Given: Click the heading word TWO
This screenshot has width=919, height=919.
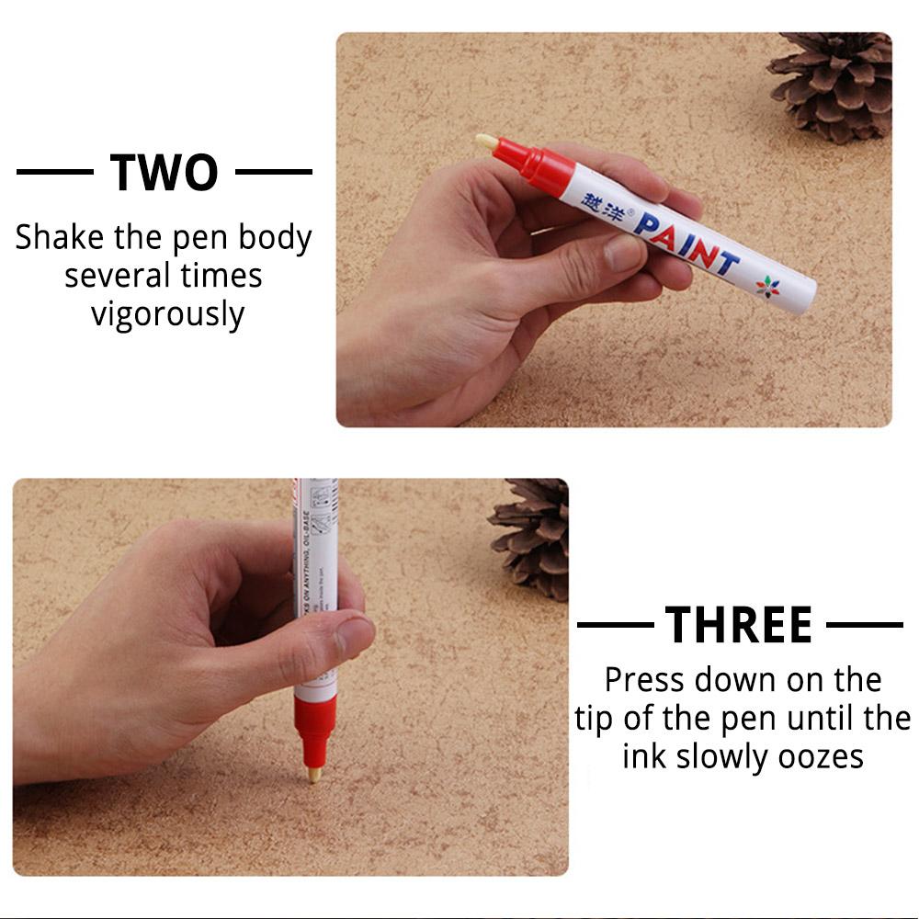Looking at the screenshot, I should click(165, 172).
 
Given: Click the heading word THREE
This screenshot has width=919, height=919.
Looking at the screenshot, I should click(739, 625).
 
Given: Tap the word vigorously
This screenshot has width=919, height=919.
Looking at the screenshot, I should click(167, 314).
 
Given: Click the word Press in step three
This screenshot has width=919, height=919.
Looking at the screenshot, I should click(645, 680).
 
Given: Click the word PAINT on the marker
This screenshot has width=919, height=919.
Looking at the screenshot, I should click(686, 240).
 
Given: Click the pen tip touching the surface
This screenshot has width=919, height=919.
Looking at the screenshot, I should click(314, 775).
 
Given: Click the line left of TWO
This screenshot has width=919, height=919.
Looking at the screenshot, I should click(54, 172).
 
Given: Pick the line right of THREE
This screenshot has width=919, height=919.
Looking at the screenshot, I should click(864, 625).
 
